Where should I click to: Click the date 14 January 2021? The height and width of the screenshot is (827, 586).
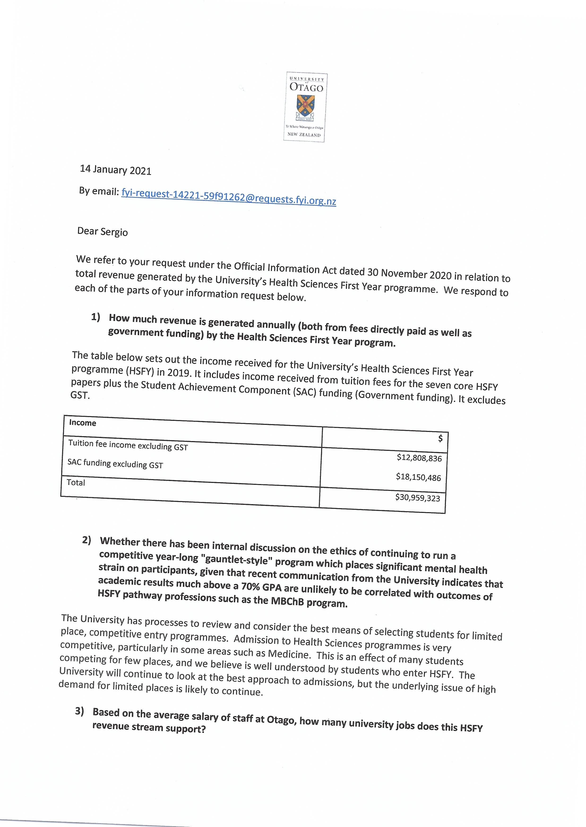[116, 169]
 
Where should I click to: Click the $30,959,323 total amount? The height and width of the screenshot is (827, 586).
[418, 498]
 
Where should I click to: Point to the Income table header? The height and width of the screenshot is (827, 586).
[83, 423]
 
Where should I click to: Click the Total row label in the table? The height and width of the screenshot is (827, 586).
[76, 482]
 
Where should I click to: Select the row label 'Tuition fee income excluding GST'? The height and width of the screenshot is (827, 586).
[128, 445]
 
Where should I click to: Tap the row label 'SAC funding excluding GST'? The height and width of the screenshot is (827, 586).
[115, 464]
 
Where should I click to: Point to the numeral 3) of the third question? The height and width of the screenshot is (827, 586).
[79, 711]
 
